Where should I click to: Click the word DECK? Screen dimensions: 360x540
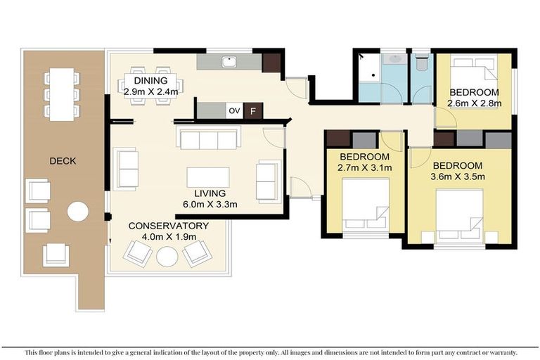click(63, 161)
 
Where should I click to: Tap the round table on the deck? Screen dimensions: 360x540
click(77, 212)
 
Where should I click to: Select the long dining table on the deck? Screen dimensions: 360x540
click(63, 94)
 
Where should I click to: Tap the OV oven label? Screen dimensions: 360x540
click(234, 111)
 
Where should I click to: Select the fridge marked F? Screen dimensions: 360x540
click(254, 111)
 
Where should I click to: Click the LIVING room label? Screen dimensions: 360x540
click(210, 193)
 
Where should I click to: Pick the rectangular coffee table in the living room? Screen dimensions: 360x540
click(208, 176)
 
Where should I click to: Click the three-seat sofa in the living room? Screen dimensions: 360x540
click(209, 139)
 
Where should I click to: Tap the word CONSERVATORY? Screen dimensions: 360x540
click(168, 226)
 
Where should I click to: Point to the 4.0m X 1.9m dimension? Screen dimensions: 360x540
click(168, 237)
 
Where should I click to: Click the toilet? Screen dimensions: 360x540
click(421, 63)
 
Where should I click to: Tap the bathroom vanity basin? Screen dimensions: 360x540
click(394, 59)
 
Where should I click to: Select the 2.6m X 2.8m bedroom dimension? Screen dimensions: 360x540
click(474, 103)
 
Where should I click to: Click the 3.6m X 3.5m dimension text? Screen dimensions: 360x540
click(458, 176)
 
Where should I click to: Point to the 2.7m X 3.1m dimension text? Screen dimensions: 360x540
click(365, 167)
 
